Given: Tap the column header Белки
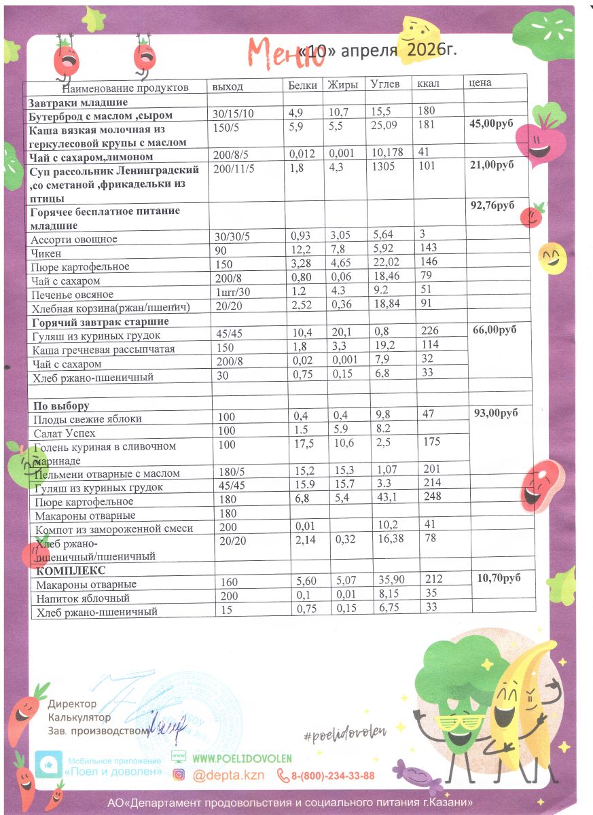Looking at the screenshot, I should click(302, 85).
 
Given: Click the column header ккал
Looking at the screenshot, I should click(429, 84).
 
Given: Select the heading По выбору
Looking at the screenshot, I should click(61, 406).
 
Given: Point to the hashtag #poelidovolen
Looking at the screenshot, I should click(345, 731).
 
